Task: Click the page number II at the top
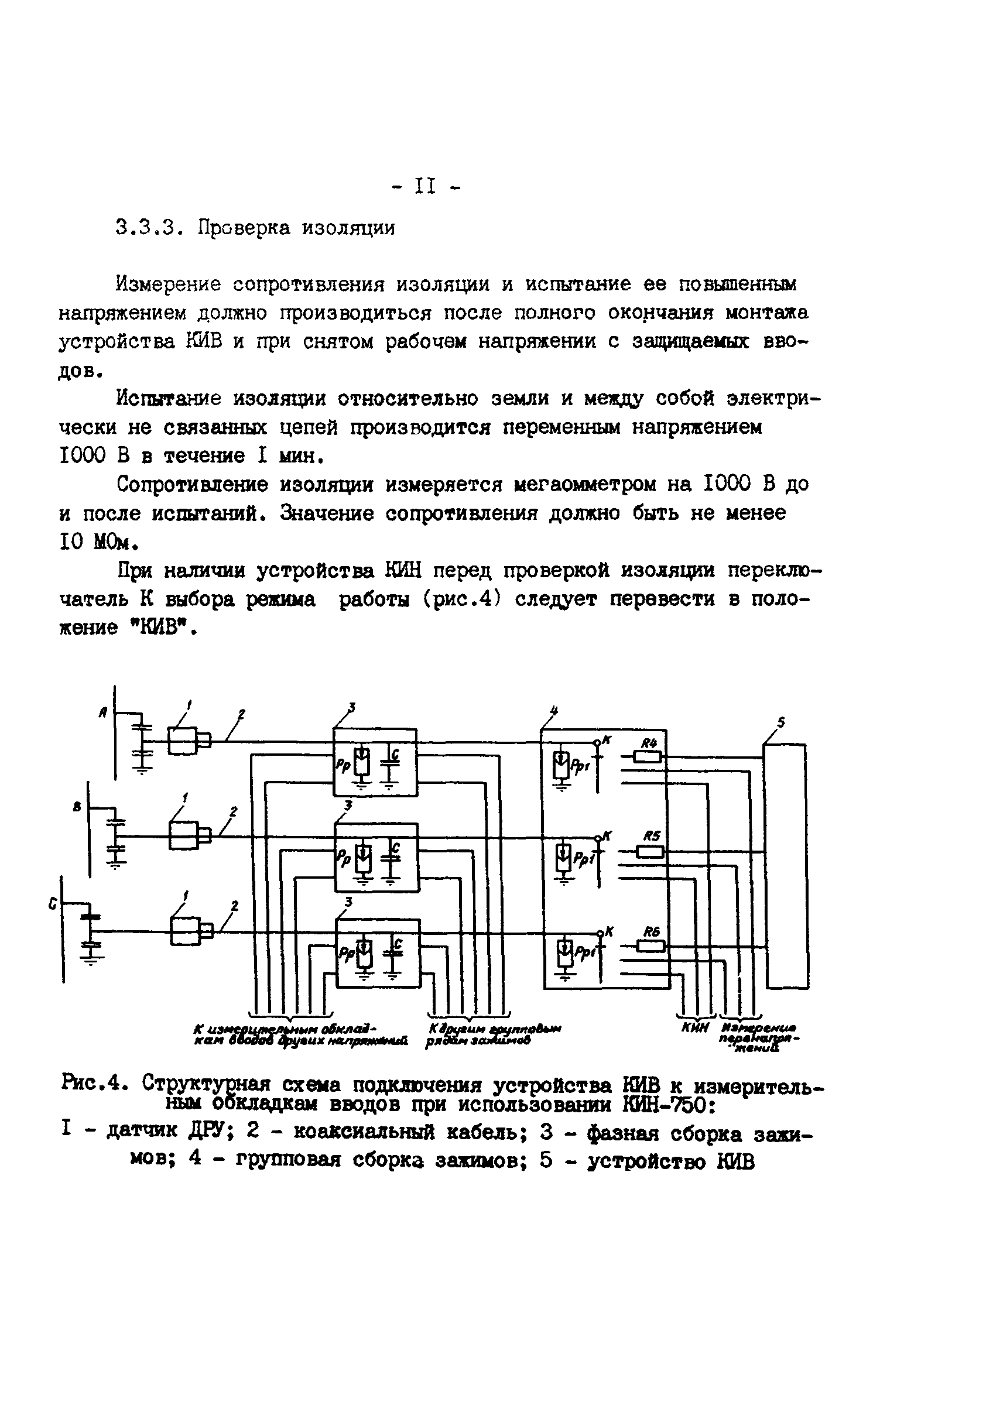[x=424, y=186]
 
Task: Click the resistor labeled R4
[x=647, y=756]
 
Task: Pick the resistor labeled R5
[x=649, y=851]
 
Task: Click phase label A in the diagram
[x=104, y=713]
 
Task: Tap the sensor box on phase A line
[x=183, y=741]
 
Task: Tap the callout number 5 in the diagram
[x=780, y=722]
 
